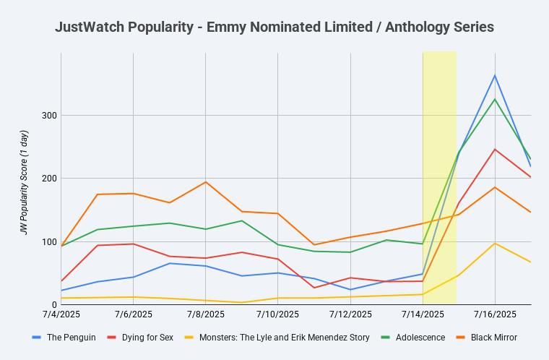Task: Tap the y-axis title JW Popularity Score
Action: click(x=24, y=182)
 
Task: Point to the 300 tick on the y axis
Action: click(x=51, y=116)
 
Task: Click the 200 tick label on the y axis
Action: click(x=51, y=179)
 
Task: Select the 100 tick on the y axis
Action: click(x=51, y=242)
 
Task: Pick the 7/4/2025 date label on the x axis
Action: click(x=61, y=314)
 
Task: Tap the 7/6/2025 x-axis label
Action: click(x=134, y=314)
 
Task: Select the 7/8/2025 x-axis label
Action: click(x=206, y=314)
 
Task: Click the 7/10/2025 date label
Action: click(x=278, y=314)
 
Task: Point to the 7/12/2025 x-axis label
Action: click(x=350, y=314)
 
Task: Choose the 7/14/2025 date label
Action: click(x=423, y=314)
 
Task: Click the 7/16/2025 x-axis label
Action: click(x=495, y=314)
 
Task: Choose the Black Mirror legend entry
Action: click(x=493, y=338)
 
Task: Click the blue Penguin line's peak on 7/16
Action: click(x=495, y=75)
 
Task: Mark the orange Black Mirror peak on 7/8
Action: click(x=206, y=182)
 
